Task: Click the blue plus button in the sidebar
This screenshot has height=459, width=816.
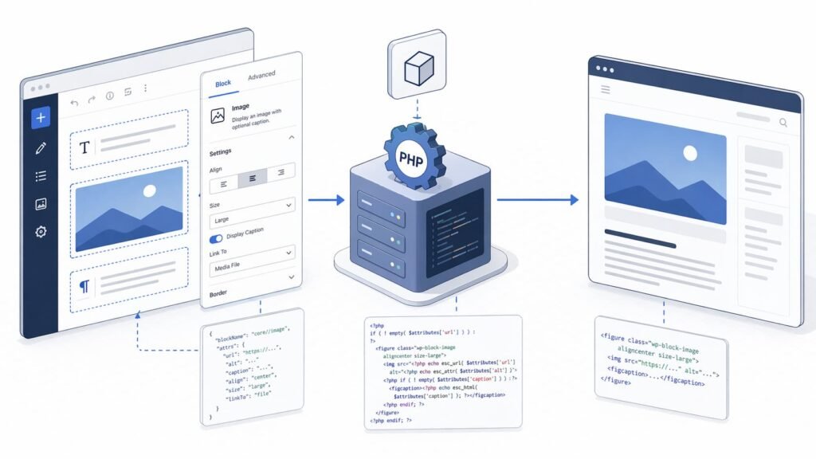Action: (x=41, y=118)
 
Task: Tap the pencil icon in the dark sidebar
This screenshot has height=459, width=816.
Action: (x=41, y=147)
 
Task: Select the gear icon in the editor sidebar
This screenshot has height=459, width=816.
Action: (x=41, y=232)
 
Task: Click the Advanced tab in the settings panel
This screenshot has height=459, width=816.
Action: (x=261, y=76)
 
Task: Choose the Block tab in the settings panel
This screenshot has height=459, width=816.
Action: (x=223, y=83)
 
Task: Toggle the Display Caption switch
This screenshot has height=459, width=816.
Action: (x=216, y=238)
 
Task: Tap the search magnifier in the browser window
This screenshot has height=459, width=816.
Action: (x=783, y=123)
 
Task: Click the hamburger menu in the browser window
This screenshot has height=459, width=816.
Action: (x=606, y=90)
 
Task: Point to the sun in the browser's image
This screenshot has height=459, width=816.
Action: (x=690, y=153)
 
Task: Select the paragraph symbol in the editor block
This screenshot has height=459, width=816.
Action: (x=84, y=284)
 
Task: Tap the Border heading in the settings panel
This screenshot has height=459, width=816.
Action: (x=218, y=294)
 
